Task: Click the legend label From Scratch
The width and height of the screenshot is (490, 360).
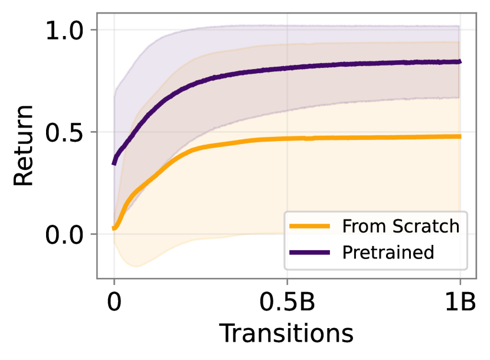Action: pyautogui.click(x=400, y=226)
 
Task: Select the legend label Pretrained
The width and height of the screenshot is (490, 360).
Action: pyautogui.click(x=388, y=253)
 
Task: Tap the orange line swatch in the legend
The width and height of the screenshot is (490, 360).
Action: pyautogui.click(x=309, y=226)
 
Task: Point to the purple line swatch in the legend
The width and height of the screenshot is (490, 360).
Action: pyautogui.click(x=309, y=253)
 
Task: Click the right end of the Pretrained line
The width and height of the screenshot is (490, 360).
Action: pyautogui.click(x=460, y=61)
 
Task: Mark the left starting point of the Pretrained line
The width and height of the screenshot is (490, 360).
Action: pyautogui.click(x=113, y=163)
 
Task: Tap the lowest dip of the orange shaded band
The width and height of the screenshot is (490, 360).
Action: pyautogui.click(x=136, y=267)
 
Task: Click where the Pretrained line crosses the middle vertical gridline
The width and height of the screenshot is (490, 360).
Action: pyautogui.click(x=288, y=68)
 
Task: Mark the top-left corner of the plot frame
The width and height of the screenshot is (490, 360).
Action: pyautogui.click(x=97, y=12)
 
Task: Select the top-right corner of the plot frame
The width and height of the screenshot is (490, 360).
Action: pyautogui.click(x=476, y=12)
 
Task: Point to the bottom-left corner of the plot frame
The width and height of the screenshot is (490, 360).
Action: pyautogui.click(x=97, y=279)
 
